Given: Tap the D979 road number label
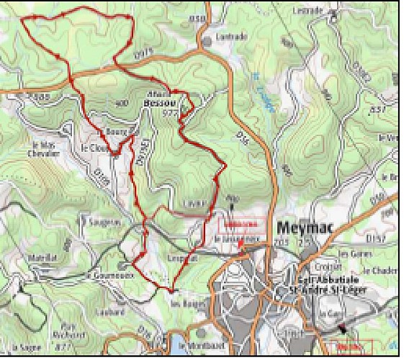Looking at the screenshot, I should [144, 52].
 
